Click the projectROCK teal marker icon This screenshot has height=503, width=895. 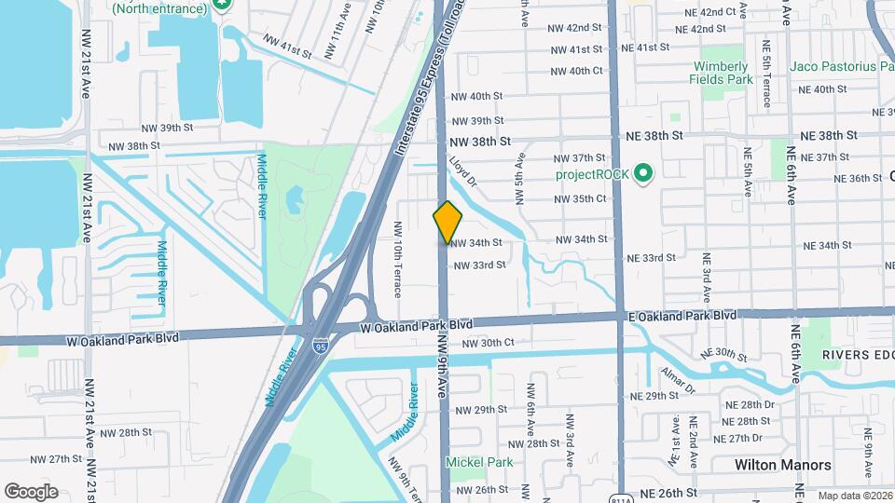pyautogui.click(x=642, y=174)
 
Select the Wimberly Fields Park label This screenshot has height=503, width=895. pyautogui.click(x=719, y=73)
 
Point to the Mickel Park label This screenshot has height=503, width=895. pyautogui.click(x=479, y=462)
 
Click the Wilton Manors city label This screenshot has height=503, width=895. pyautogui.click(x=782, y=464)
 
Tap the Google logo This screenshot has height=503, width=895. pyautogui.click(x=31, y=492)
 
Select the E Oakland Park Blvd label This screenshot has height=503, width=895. pyautogui.click(x=682, y=316)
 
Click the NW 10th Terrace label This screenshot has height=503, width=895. pyautogui.click(x=398, y=260)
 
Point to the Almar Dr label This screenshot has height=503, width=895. pyautogui.click(x=679, y=380)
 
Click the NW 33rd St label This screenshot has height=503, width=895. pyautogui.click(x=479, y=265)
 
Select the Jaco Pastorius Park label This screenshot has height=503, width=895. pyautogui.click(x=842, y=66)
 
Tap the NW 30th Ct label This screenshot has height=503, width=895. pyautogui.click(x=488, y=343)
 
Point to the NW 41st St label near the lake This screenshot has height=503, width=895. pyautogui.click(x=287, y=47)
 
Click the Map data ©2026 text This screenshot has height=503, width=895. pyautogui.click(x=854, y=496)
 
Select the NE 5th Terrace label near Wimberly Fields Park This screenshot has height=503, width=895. pyautogui.click(x=767, y=75)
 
